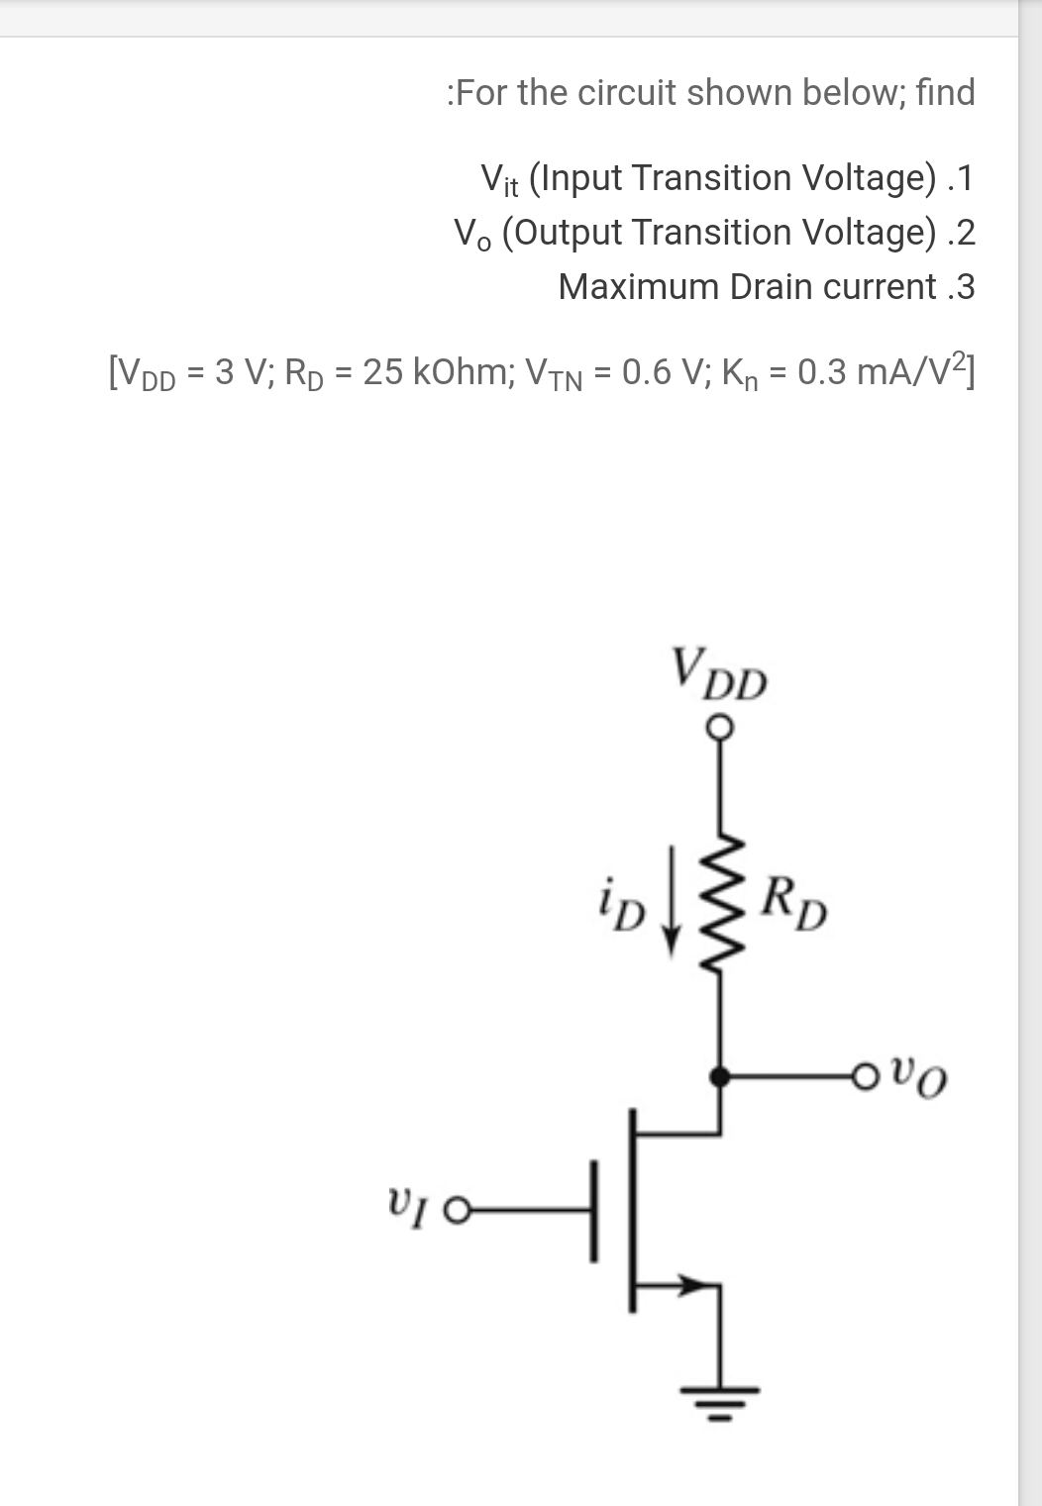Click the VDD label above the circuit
pyautogui.click(x=719, y=675)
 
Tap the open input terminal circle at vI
pyautogui.click(x=455, y=1210)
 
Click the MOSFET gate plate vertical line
pyautogui.click(x=593, y=1210)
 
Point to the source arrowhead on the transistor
pyautogui.click(x=704, y=1284)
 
